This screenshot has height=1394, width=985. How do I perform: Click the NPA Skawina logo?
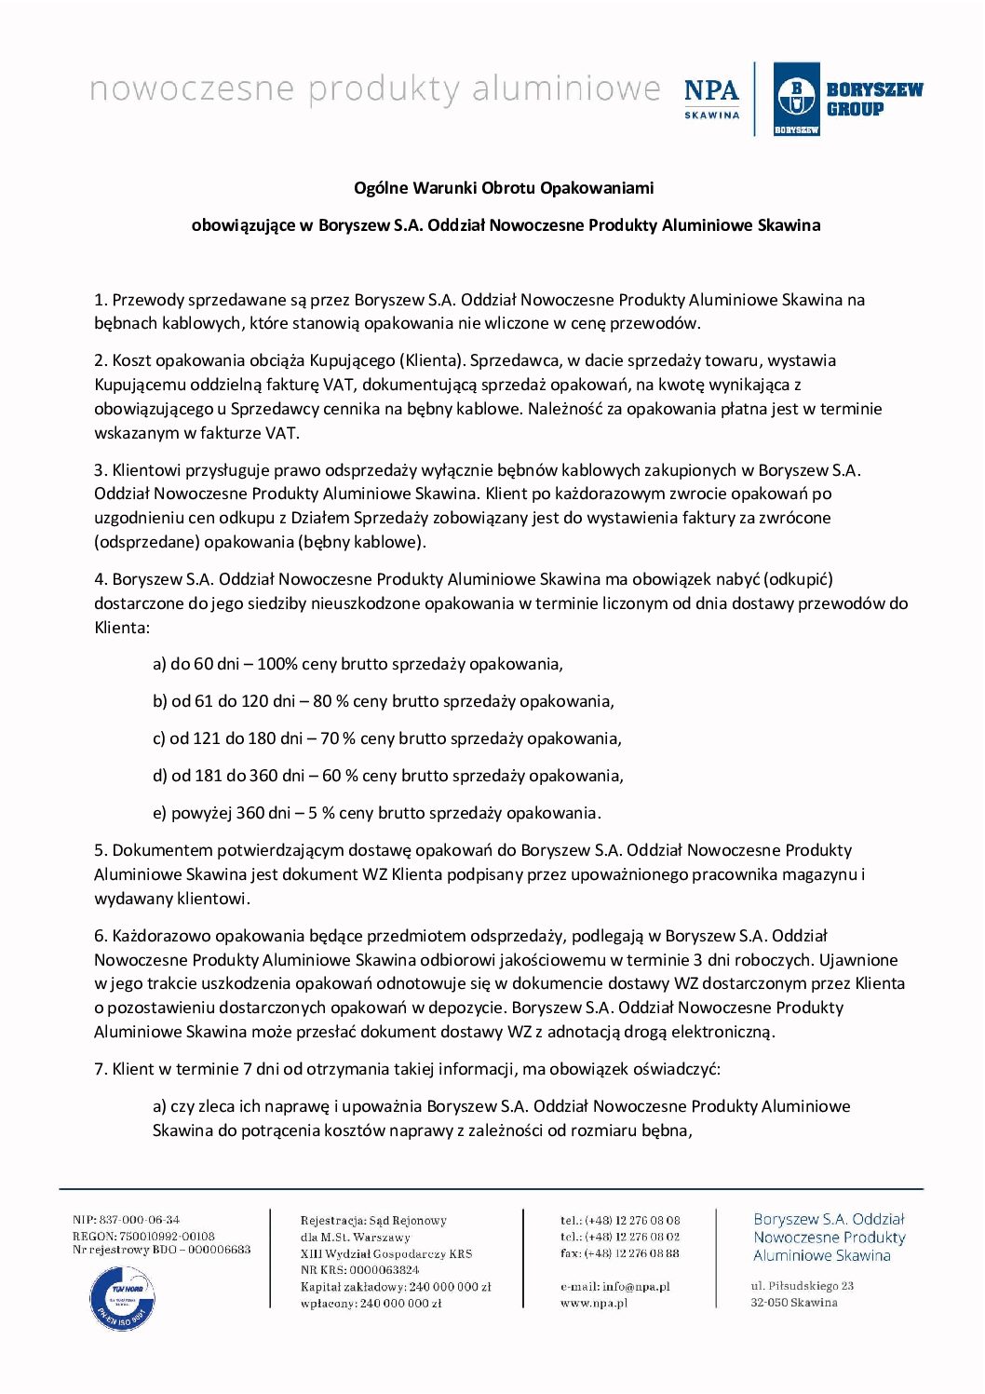pos(711,98)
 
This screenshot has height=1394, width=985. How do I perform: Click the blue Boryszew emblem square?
pos(796,99)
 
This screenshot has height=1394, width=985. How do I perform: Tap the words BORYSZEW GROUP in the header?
pos(874,99)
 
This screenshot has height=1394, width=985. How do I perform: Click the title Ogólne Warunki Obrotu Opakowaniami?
pos(504,188)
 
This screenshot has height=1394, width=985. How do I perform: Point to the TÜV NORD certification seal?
pos(122,1297)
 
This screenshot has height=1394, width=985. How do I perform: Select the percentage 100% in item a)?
pos(277,664)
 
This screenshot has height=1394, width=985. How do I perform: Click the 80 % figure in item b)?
pos(331,701)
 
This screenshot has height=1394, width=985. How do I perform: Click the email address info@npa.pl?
pos(636,1286)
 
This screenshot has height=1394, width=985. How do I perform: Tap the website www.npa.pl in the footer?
pos(594,1303)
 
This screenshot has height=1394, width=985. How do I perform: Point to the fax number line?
pos(620,1253)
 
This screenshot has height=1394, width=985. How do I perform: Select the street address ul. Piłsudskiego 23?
pos(803,1286)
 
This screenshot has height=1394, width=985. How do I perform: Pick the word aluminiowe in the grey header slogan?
pos(566,89)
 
